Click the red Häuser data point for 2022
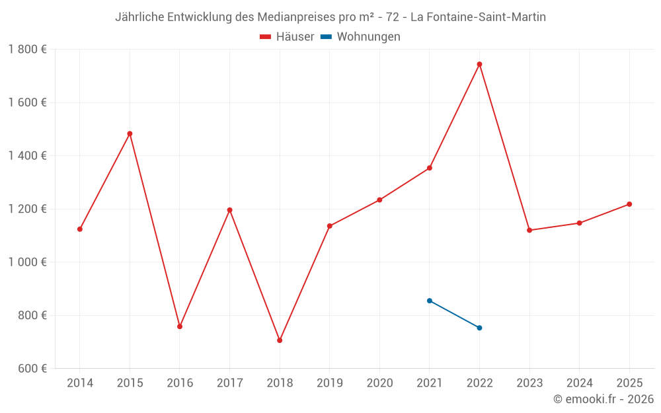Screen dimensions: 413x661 tap(479, 64)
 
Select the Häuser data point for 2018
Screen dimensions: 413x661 tap(280, 340)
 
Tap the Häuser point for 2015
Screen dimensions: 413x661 tap(130, 133)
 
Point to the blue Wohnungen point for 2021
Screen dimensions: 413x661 tap(430, 301)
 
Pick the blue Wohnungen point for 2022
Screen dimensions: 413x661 tap(479, 328)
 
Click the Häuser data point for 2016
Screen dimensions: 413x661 tap(180, 326)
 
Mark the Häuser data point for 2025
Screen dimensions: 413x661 tap(629, 204)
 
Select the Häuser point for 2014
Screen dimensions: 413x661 tap(80, 229)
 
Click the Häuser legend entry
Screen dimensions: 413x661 tap(287, 37)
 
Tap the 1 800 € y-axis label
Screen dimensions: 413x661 tap(27, 50)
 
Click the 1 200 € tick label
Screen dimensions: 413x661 tap(27, 209)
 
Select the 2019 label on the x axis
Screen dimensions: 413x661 tap(330, 383)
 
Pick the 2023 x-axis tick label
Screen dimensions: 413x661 tap(529, 383)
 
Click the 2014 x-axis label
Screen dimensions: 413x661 tap(80, 383)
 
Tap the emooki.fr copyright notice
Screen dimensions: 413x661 tap(603, 399)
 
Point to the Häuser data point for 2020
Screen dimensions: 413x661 tap(379, 200)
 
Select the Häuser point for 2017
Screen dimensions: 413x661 tap(229, 210)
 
